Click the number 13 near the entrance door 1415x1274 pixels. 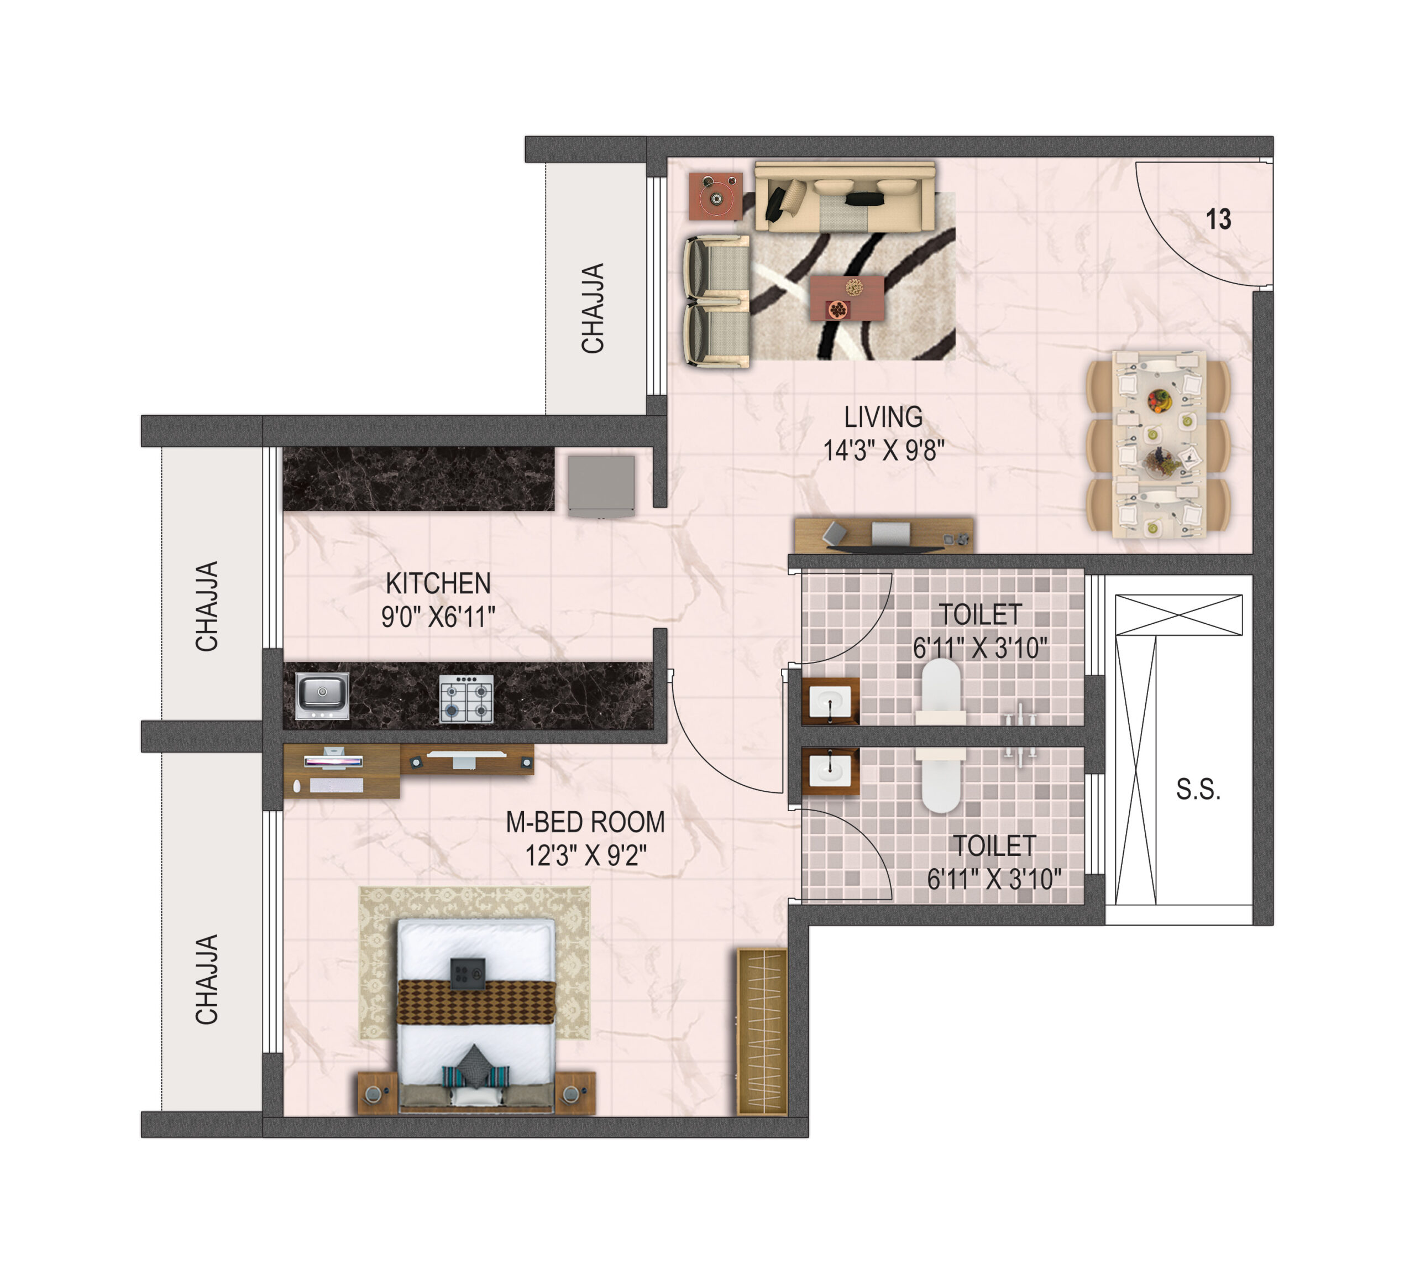click(x=1218, y=219)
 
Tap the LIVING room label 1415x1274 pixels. click(x=883, y=417)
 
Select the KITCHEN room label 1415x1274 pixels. click(x=438, y=583)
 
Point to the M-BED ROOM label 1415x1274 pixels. click(x=585, y=822)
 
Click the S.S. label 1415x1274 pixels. click(x=1198, y=790)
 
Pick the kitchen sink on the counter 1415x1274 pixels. click(x=322, y=696)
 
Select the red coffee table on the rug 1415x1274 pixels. click(x=847, y=298)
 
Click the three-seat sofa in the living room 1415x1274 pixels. click(x=845, y=197)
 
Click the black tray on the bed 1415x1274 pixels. click(x=468, y=974)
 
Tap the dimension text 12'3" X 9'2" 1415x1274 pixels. click(x=586, y=855)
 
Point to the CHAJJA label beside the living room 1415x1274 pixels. click(x=593, y=308)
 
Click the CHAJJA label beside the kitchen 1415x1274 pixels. click(x=206, y=606)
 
